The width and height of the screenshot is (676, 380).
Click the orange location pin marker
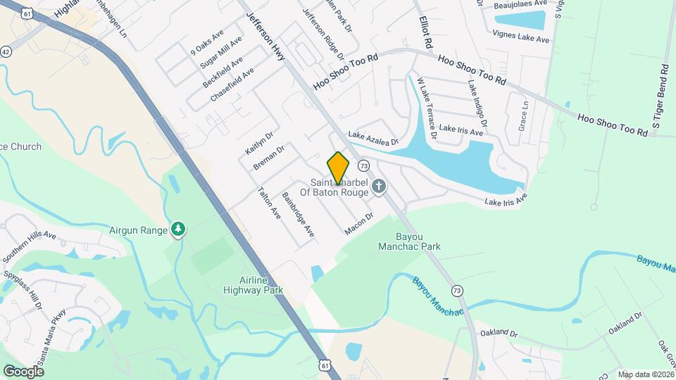pyautogui.click(x=338, y=167)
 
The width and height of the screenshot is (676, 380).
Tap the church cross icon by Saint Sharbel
pyautogui.click(x=379, y=186)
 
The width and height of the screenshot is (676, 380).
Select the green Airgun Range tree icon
pyautogui.click(x=180, y=229)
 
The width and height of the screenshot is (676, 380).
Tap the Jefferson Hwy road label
pyautogui.click(x=265, y=35)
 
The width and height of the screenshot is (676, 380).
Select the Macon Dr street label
pyautogui.click(x=358, y=224)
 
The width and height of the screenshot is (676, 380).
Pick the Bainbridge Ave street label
pyautogui.click(x=298, y=214)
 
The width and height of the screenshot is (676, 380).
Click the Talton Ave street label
pyautogui.click(x=270, y=203)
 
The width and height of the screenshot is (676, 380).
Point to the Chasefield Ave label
pyautogui.click(x=232, y=85)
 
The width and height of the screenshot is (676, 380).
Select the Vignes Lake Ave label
pyautogui.click(x=521, y=37)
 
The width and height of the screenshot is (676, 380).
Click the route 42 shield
pyautogui.click(x=6, y=51)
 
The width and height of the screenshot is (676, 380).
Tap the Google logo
pyautogui.click(x=23, y=371)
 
